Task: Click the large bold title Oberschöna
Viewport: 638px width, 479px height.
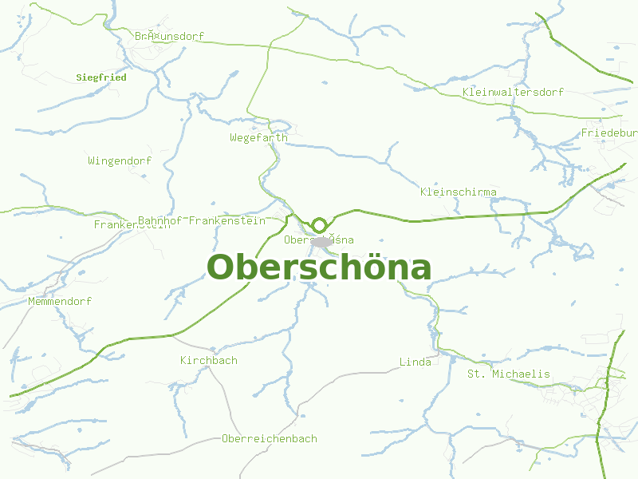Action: tap(319, 268)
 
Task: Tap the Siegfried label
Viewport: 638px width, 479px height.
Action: tap(101, 78)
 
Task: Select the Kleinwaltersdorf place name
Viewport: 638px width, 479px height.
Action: tap(513, 93)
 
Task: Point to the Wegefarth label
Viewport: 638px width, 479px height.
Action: tap(258, 138)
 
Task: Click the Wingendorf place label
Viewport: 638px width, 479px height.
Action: tap(120, 161)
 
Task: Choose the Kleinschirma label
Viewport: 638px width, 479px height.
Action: tap(459, 192)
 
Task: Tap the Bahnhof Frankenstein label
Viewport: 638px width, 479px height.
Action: tap(213, 220)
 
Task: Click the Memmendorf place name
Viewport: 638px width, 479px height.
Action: tap(60, 302)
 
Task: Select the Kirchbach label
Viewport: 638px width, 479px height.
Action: tap(209, 361)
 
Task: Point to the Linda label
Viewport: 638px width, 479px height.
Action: tap(415, 362)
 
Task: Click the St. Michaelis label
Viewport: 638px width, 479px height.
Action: tap(509, 374)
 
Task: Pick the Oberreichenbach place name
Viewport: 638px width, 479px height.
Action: tap(270, 439)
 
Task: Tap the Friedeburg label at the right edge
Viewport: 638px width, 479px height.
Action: tap(609, 133)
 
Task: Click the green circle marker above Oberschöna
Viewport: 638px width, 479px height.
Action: tap(319, 225)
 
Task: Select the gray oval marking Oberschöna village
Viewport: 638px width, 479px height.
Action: tap(321, 241)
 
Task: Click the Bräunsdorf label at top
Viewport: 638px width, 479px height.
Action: tap(170, 37)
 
